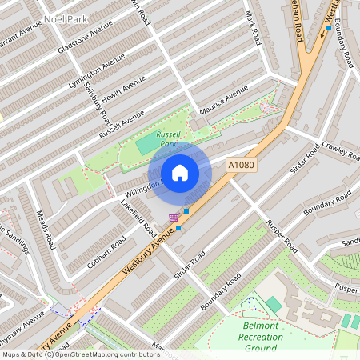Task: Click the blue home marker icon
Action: pos(180,173)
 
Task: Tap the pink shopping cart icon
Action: pos(174,218)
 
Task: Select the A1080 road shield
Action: pos(241,164)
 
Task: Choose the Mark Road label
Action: pos(253,28)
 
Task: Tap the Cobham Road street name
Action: pos(107,252)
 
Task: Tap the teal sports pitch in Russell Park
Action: pos(146,146)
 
